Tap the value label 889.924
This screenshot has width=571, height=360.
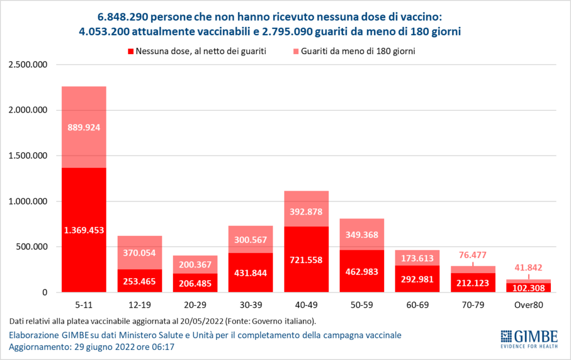[x=84, y=127]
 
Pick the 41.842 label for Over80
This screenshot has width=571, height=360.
[x=529, y=267]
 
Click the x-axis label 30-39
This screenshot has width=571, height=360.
[x=250, y=305]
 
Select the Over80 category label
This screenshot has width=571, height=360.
[x=529, y=305]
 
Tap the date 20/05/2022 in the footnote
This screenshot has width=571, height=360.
[x=202, y=322]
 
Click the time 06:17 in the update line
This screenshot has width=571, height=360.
[x=164, y=347]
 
